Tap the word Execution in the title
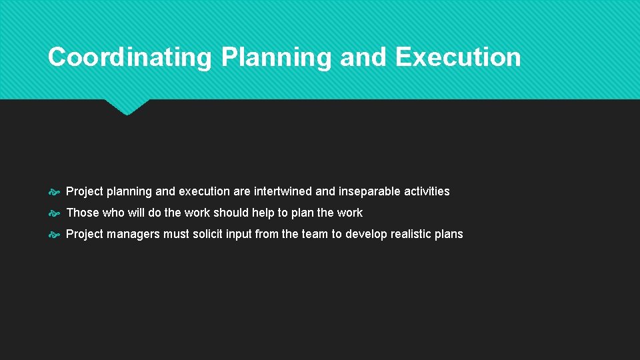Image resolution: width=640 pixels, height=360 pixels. tap(457, 57)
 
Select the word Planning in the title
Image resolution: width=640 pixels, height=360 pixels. tap(275, 57)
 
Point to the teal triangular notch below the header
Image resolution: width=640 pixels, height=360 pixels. tap(127, 107)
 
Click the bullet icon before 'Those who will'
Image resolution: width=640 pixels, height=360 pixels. tap(55, 213)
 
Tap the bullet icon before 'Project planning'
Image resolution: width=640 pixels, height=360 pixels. tap(55, 192)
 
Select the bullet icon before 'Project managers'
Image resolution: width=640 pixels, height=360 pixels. tap(55, 235)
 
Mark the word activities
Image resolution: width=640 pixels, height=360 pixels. tap(427, 191)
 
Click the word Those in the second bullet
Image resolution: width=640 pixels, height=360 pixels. tap(82, 213)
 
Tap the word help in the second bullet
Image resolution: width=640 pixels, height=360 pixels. tap(263, 213)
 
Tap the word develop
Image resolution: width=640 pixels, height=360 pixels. tap(366, 234)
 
